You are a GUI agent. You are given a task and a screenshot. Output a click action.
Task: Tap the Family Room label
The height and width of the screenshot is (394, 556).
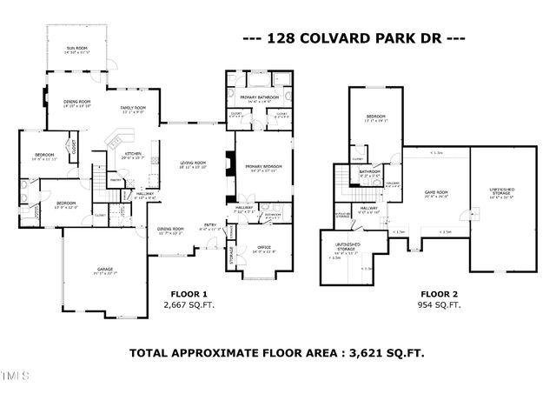[132, 108]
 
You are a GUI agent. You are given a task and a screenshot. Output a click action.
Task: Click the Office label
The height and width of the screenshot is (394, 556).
[264, 249]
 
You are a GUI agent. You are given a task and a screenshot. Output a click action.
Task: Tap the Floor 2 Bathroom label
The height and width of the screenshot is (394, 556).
[371, 172]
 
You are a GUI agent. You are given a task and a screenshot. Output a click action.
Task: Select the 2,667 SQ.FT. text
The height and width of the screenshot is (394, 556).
[187, 306]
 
